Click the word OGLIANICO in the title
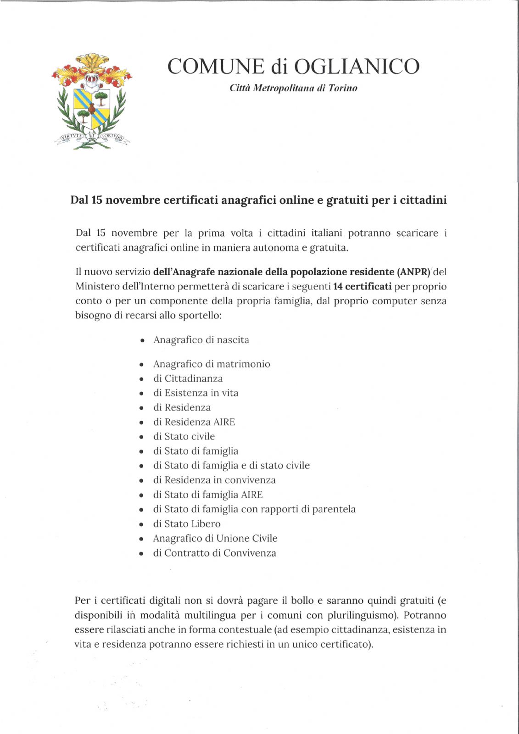click(357, 67)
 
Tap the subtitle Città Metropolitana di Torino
click(293, 88)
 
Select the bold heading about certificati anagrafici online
click(258, 200)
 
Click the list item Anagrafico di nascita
click(201, 340)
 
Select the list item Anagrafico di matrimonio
click(212, 364)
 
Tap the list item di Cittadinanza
click(188, 378)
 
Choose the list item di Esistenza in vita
click(195, 393)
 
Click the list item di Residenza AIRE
click(194, 422)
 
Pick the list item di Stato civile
click(184, 436)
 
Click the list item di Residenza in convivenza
click(214, 480)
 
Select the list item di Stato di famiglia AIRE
click(208, 495)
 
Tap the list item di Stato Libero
click(187, 523)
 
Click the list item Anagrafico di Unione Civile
click(215, 538)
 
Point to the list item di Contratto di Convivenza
click(214, 553)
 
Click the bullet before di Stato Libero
click(142, 524)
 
